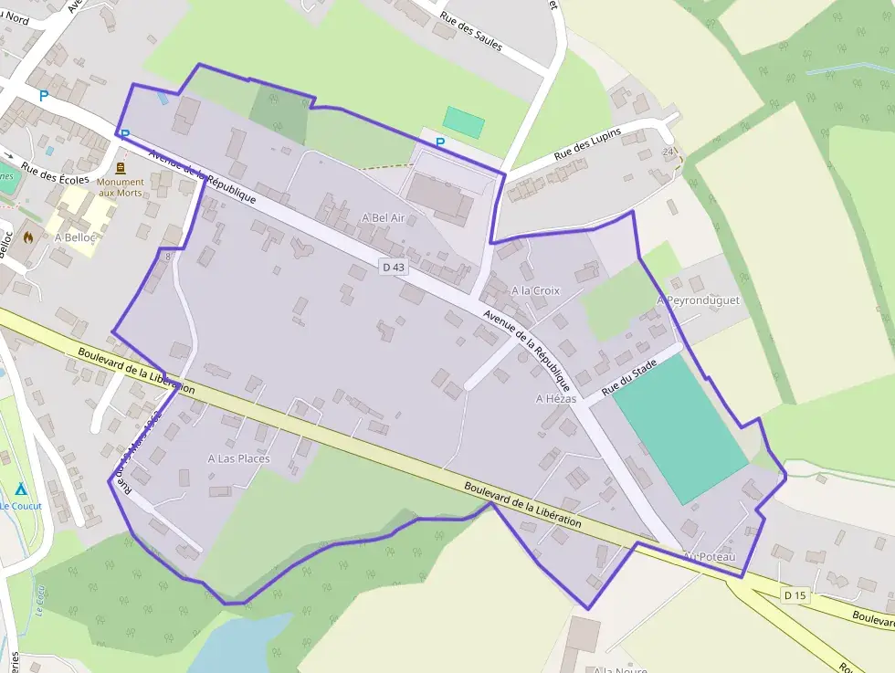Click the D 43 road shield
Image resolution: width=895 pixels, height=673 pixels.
coord(393,267)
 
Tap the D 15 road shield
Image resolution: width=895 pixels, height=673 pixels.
coord(795,595)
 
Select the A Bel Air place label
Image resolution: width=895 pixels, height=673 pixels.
coord(383,218)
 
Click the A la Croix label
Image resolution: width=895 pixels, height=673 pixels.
coord(535,290)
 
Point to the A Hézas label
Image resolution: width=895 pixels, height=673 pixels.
coord(556,398)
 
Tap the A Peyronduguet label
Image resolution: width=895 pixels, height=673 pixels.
coord(698,300)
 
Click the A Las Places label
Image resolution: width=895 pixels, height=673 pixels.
coord(238,458)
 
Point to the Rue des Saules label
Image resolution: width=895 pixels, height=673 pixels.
coord(471,32)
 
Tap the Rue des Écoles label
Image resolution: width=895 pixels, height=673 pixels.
coord(55,174)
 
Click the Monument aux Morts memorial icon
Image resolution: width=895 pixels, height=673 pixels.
coord(121,168)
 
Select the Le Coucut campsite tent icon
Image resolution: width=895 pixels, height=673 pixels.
coord(20,489)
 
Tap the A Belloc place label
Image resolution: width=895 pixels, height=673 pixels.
coord(76,237)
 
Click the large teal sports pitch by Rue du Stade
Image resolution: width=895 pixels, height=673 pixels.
coord(680,427)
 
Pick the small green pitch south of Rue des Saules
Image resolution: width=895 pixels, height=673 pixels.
coord(464,122)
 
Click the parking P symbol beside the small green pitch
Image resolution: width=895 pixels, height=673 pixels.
coord(440,142)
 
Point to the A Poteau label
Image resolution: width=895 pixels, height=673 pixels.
coord(709,555)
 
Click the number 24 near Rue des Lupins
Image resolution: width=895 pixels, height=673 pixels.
coord(669,152)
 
